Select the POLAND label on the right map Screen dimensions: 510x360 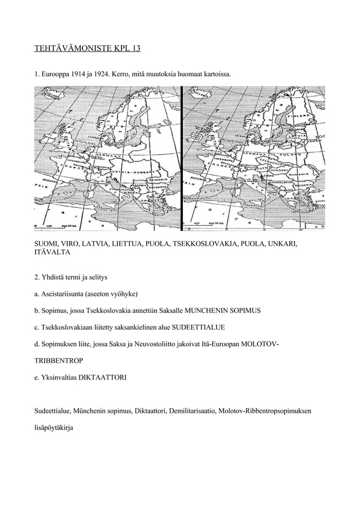pyautogui.click(x=294, y=154)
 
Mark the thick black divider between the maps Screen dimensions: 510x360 pyautogui.click(x=182, y=158)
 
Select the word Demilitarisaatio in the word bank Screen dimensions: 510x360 pyautogui.click(x=191, y=409)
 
